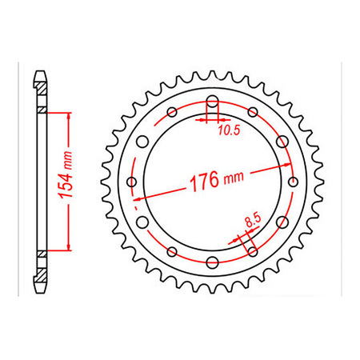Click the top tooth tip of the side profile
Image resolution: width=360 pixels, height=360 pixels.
[x=40, y=75]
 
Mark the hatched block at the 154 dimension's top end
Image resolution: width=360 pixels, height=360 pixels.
[x=40, y=110]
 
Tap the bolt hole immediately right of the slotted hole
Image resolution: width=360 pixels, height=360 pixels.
[x=252, y=113]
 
